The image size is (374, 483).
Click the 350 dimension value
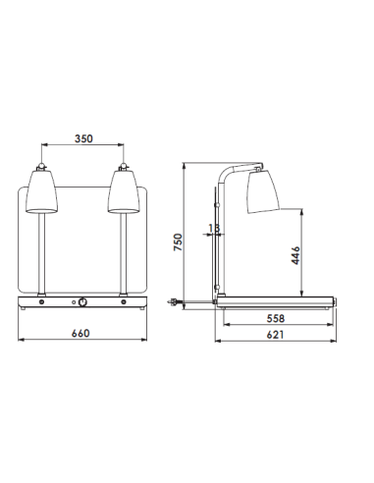click(x=83, y=139)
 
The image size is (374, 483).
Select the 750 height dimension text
click(x=179, y=241)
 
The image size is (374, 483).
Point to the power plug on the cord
click(x=178, y=301)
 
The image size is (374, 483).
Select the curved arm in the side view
click(x=229, y=178)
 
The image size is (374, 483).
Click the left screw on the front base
click(x=42, y=303)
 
